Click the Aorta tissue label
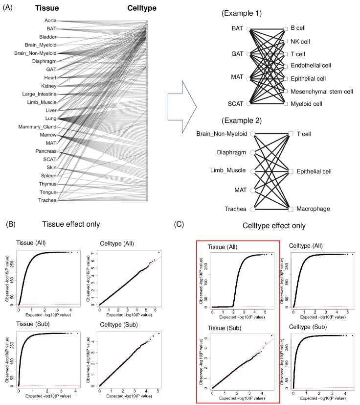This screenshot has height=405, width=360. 49,21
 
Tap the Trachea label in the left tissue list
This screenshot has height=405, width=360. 47,200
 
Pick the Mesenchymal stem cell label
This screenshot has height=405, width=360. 321,91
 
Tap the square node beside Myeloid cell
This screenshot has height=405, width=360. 285,104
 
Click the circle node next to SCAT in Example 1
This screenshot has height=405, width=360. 249,104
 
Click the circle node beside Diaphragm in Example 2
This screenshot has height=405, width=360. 253,152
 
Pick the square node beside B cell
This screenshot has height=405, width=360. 285,29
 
